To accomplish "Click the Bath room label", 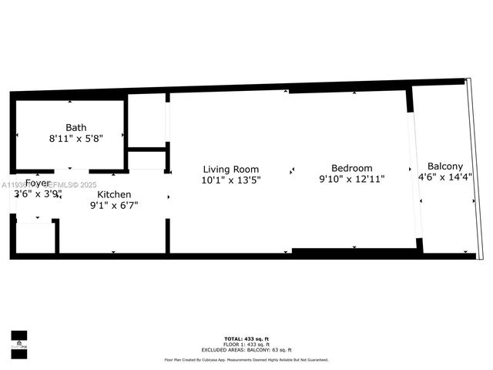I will (x=76, y=128).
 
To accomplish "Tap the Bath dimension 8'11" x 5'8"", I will (x=76, y=138).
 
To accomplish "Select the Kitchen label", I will (x=114, y=195).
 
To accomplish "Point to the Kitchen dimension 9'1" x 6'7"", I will (x=114, y=205).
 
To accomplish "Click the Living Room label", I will (x=231, y=169).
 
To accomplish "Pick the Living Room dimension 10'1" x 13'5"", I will (x=231, y=179).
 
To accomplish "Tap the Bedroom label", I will (x=352, y=168).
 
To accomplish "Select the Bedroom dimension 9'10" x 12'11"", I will (x=352, y=179).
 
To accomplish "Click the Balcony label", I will (x=445, y=166).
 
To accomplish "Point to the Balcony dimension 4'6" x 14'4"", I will (x=445, y=177).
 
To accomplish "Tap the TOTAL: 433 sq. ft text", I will (x=246, y=339).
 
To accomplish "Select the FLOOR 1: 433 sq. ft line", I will (x=246, y=344).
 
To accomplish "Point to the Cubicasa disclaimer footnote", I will (x=246, y=359).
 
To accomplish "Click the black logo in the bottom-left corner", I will (x=18, y=340).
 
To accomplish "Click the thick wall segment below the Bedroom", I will (x=354, y=251).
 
